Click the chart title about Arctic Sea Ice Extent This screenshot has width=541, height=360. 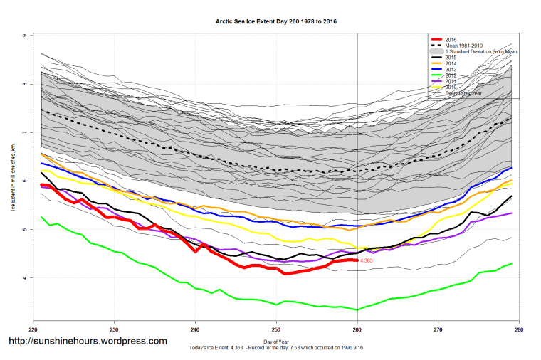pos(276,21)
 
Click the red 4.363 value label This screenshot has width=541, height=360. pos(367,261)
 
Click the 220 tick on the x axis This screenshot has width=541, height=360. pos(33,330)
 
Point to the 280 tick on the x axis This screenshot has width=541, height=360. pos(520,330)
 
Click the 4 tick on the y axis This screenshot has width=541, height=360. pos(25,277)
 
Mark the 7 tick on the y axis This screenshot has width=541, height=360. pos(25,132)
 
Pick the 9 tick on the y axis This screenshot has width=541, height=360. pos(25,36)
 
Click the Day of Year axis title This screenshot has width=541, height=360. pos(276,342)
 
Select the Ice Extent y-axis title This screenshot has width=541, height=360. pos(14,181)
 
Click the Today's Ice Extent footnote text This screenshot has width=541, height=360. pos(276,348)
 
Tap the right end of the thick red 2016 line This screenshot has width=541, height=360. pos(357,260)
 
